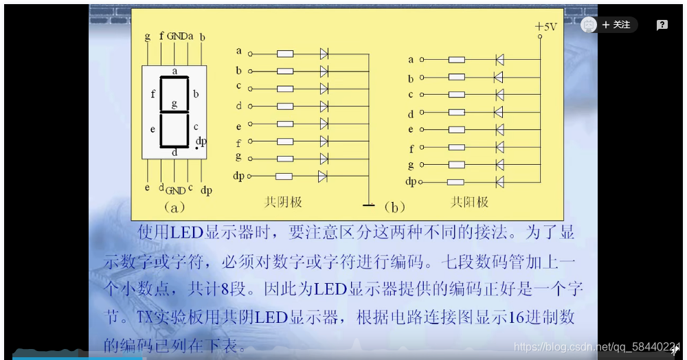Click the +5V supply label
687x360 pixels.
pyautogui.click(x=546, y=27)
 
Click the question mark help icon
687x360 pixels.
pyautogui.click(x=662, y=25)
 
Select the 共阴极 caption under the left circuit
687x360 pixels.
pyautogui.click(x=283, y=202)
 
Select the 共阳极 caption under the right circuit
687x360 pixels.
pyautogui.click(x=469, y=202)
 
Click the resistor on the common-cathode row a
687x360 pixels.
pyautogui.click(x=284, y=53)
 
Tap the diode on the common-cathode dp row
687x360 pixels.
pyautogui.click(x=323, y=177)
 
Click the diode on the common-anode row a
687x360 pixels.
pyautogui.click(x=499, y=60)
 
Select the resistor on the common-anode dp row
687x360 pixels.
pyautogui.click(x=455, y=182)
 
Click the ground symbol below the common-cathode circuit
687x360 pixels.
pyautogui.click(x=369, y=203)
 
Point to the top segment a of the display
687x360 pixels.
pyautogui.click(x=174, y=78)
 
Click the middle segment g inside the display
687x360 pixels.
pyautogui.click(x=174, y=111)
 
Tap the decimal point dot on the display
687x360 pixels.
pyautogui.click(x=196, y=148)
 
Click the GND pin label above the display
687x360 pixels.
pyautogui.click(x=177, y=36)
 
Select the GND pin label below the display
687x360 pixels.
pyautogui.click(x=175, y=190)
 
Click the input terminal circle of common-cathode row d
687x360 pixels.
pyautogui.click(x=250, y=106)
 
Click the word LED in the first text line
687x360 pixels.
pyautogui.click(x=185, y=232)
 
